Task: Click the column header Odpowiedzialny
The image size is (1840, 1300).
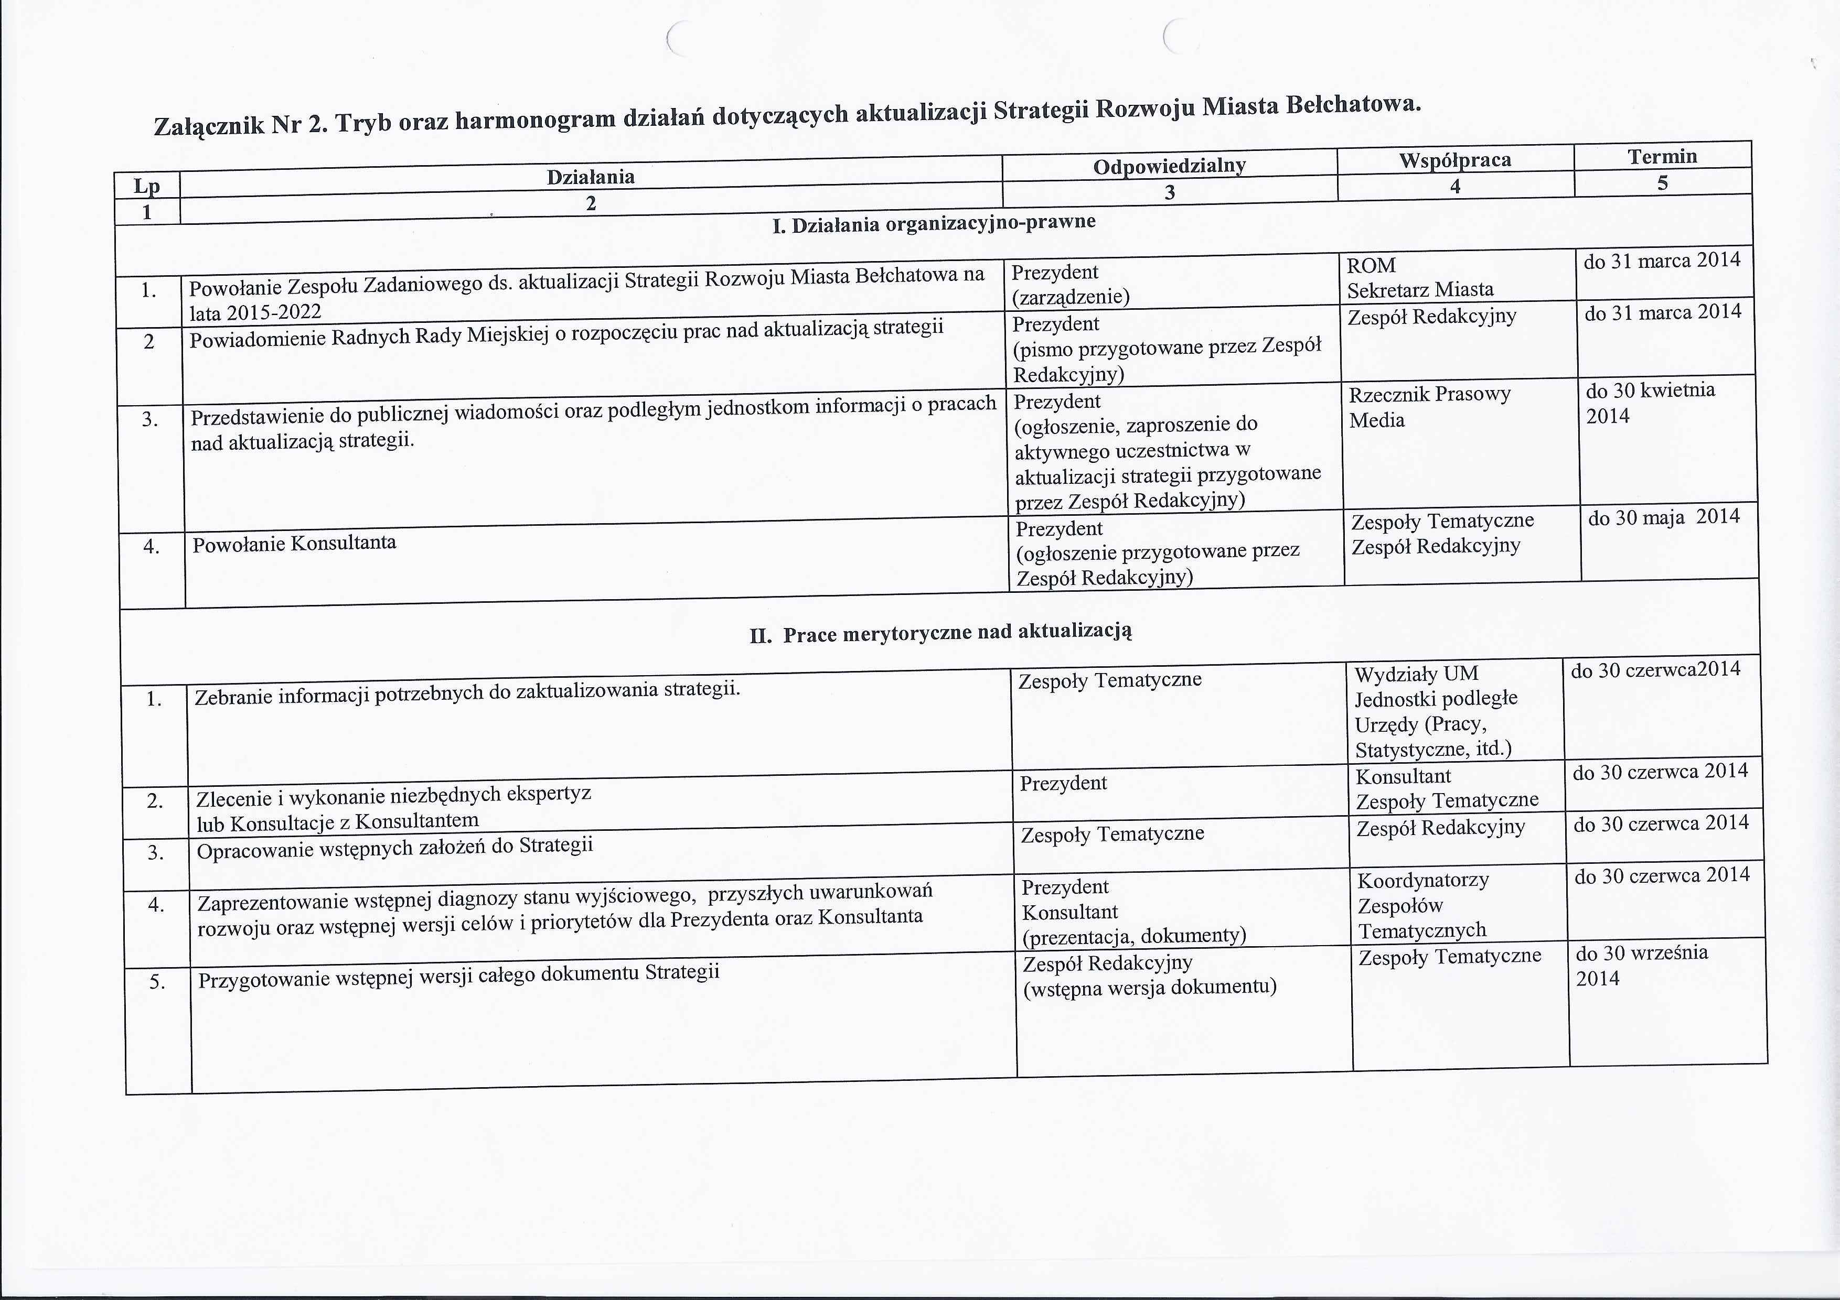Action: (x=1169, y=166)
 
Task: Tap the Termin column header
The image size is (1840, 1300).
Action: (x=1662, y=156)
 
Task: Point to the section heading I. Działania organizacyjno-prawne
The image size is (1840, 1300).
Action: (x=934, y=223)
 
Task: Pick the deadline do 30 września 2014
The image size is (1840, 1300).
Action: (x=1641, y=965)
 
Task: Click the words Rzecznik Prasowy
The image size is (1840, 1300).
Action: (x=1430, y=395)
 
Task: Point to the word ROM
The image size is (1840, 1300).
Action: (x=1371, y=266)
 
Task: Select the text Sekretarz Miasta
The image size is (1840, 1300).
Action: (x=1420, y=290)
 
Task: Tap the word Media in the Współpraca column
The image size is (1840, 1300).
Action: (x=1377, y=420)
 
